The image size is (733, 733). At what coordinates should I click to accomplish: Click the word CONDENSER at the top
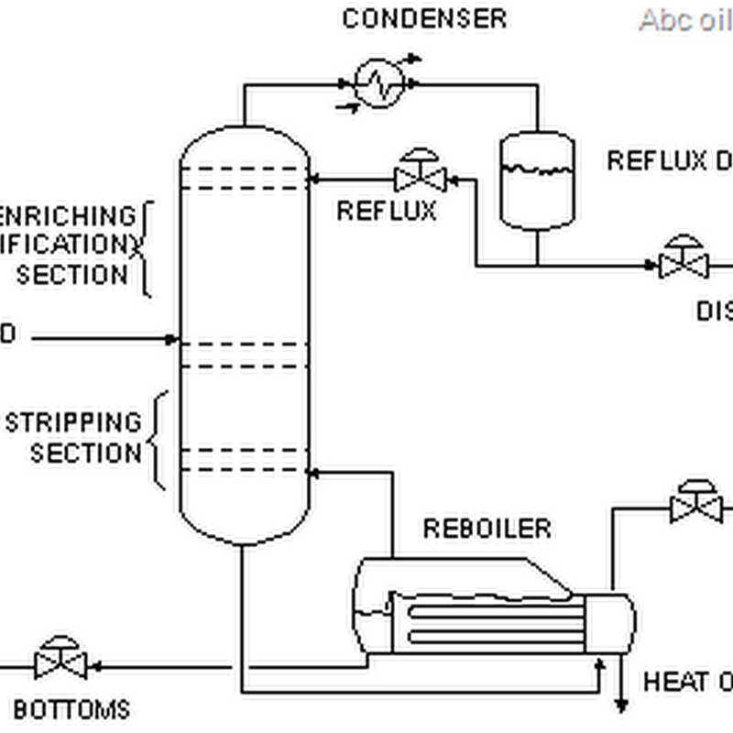423,18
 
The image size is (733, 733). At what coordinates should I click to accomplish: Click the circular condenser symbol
379,83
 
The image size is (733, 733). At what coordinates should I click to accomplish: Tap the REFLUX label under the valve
386,211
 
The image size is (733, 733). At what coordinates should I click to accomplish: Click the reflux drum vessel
537,180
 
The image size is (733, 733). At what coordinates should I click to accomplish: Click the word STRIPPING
73,422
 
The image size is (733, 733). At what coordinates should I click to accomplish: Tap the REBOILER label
487,529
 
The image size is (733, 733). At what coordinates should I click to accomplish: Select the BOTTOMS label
71,708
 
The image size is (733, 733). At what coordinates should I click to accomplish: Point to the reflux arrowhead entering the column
313,178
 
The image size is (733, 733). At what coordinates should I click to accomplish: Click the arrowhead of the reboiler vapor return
313,474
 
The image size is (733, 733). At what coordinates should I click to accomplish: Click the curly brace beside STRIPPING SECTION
158,440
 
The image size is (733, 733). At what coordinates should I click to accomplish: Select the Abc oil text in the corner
684,20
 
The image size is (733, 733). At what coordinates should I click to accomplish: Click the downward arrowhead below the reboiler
621,705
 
